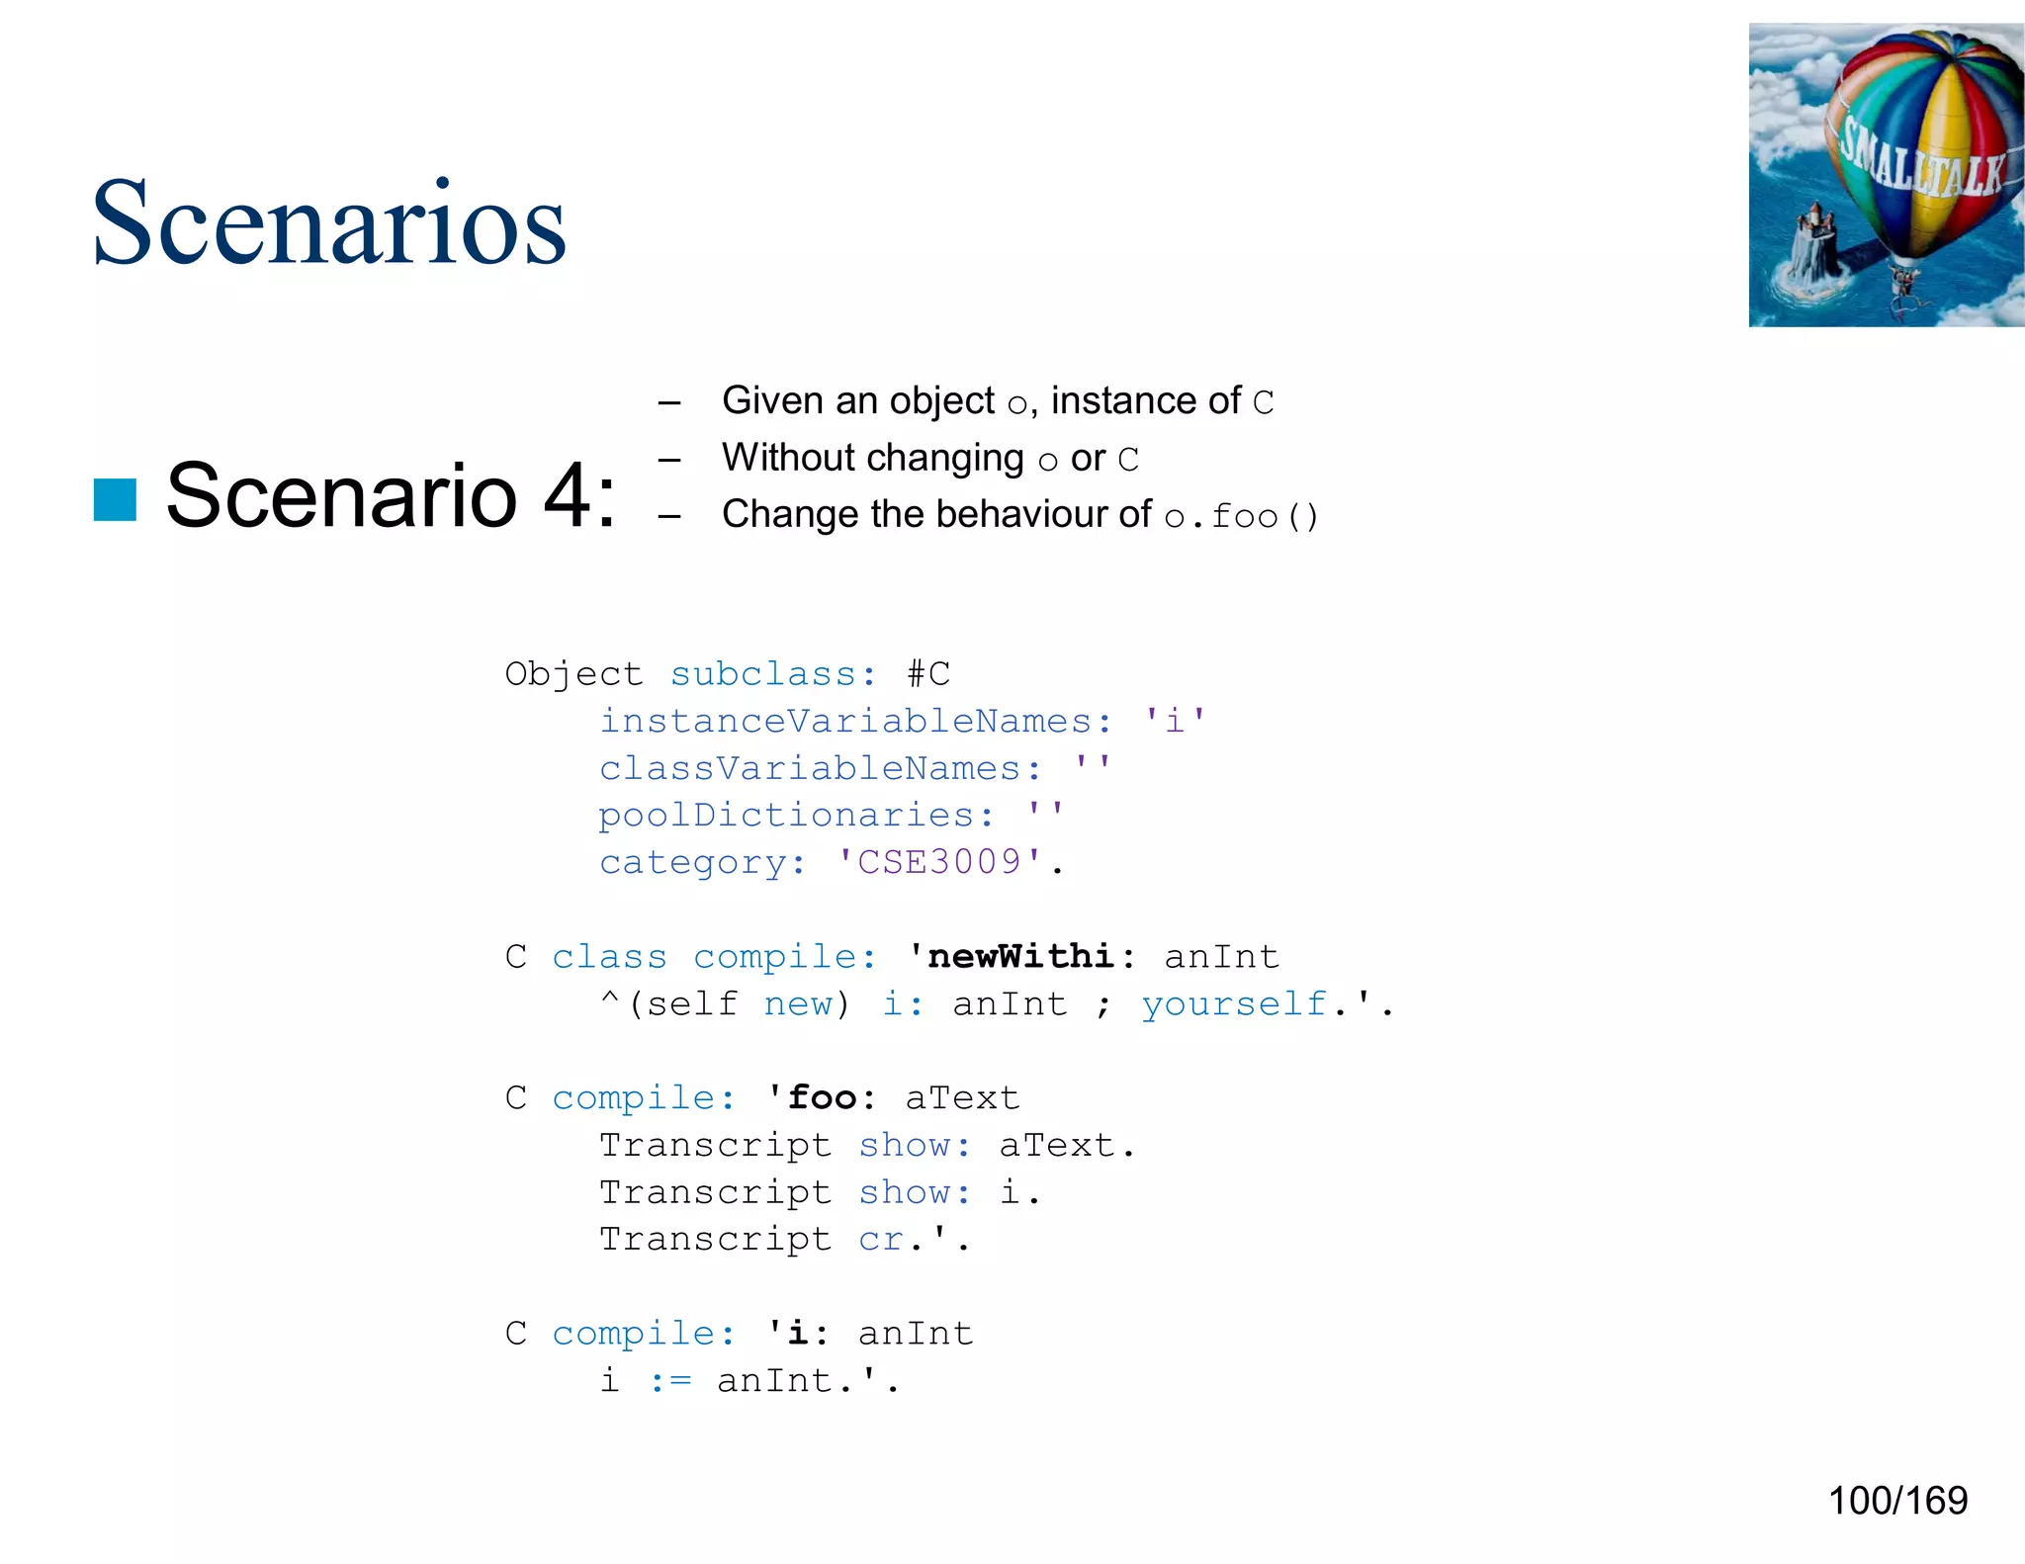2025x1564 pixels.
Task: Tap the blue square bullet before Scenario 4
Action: [115, 499]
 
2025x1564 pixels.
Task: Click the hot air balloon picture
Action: [1886, 175]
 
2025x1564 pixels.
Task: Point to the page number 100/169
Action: [1897, 1501]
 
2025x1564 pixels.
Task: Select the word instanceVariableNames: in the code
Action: [856, 721]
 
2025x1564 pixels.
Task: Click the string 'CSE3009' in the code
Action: [939, 862]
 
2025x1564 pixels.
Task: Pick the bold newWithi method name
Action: [1021, 956]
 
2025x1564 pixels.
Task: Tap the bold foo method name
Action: [823, 1097]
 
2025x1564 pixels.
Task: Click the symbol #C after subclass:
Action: [928, 674]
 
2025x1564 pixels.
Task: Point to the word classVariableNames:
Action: [821, 768]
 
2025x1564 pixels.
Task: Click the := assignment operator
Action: [671, 1380]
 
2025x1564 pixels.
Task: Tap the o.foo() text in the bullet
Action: [1242, 516]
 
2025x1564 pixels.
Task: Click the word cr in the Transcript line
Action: [881, 1239]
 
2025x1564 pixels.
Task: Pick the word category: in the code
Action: [703, 862]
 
